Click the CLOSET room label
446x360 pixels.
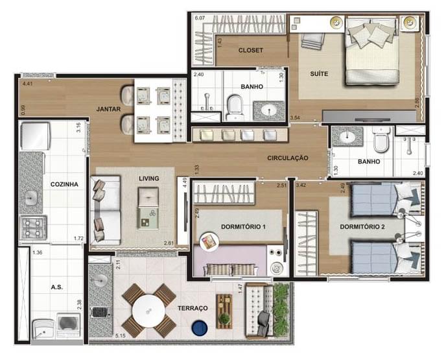pos(250,50)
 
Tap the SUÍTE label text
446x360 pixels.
pos(318,74)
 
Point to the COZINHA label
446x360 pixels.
pos(64,184)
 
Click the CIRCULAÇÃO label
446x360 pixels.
pos(287,158)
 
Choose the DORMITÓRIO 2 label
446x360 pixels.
pos(362,227)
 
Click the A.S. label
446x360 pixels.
pos(56,285)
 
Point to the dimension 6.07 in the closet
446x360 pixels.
pos(200,18)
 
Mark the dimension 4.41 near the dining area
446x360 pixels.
pos(27,84)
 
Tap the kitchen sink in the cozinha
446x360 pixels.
pos(30,197)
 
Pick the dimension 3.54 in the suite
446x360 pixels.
pos(295,117)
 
